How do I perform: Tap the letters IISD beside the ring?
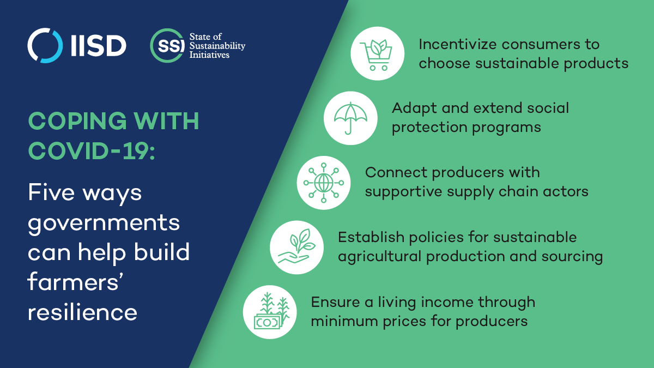tap(99, 46)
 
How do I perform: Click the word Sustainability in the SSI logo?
tap(217, 46)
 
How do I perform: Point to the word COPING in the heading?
tap(77, 121)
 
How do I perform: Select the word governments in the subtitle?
tap(104, 224)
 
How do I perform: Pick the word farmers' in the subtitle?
tap(75, 281)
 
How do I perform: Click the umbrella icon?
tap(350, 118)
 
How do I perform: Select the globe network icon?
tap(324, 183)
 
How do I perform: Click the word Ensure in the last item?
tap(335, 302)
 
